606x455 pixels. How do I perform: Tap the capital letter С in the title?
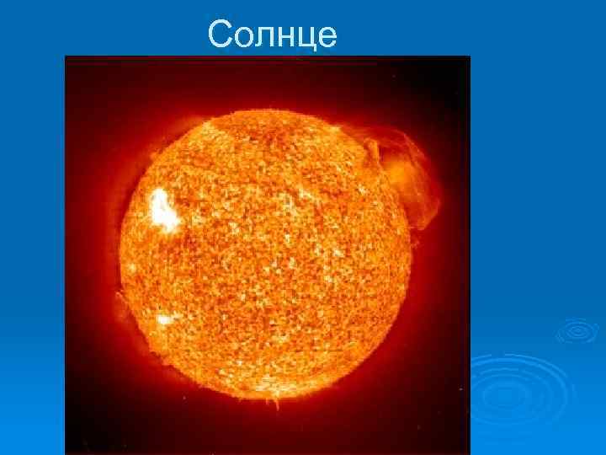pyautogui.click(x=220, y=35)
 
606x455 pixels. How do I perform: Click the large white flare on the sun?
pyautogui.click(x=163, y=210)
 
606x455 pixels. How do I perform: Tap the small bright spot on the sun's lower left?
pyautogui.click(x=164, y=319)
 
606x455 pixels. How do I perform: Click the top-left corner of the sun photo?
pyautogui.click(x=66, y=56)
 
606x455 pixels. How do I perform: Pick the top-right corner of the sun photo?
pyautogui.click(x=469, y=56)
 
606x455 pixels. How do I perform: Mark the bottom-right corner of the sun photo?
pyautogui.click(x=469, y=454)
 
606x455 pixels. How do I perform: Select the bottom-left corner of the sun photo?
pyautogui.click(x=66, y=454)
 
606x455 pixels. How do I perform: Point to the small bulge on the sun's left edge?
pyautogui.click(x=121, y=299)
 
